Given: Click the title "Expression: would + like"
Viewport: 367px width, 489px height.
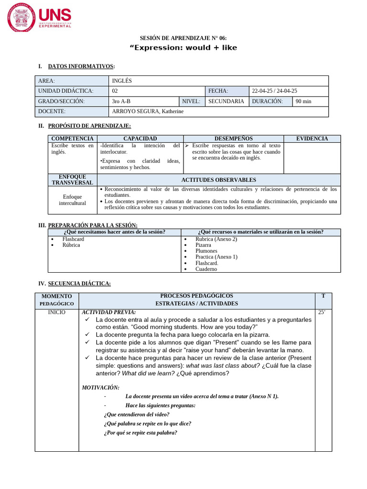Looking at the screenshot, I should click(183, 48).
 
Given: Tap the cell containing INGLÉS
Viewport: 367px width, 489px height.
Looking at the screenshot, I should click(122, 81).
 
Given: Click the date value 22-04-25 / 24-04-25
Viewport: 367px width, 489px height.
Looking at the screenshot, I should click(274, 91).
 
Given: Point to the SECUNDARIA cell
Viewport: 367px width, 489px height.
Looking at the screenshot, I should click(226, 101).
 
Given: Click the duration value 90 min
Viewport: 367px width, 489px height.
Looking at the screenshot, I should click(303, 101).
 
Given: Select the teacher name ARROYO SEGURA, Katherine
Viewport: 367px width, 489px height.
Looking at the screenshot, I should click(147, 111).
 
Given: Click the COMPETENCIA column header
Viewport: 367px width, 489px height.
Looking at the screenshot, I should click(72, 138).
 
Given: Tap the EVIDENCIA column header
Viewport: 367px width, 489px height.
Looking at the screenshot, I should click(312, 138).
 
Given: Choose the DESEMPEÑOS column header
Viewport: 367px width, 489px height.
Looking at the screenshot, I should click(233, 138).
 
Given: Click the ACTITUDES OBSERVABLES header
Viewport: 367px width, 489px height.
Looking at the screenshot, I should click(218, 180).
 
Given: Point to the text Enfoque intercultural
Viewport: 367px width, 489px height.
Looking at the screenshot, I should click(72, 200).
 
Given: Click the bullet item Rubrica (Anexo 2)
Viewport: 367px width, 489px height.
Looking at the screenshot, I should click(216, 239).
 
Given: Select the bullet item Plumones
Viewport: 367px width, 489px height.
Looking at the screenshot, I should click(206, 251).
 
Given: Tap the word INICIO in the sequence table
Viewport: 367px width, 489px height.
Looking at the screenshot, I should click(57, 312).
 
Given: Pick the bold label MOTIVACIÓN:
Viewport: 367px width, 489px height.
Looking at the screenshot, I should click(101, 387).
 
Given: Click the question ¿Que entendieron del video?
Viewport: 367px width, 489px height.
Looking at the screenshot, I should click(133, 415).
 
